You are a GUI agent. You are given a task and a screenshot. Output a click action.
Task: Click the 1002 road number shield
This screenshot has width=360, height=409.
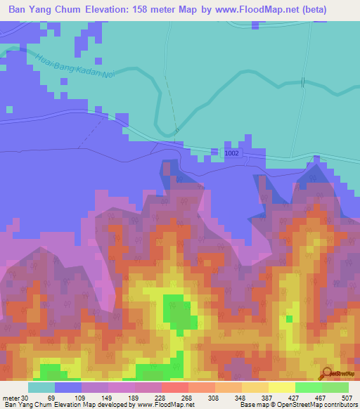pyautogui.click(x=232, y=152)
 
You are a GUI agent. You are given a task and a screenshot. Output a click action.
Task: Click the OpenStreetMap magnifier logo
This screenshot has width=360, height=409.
pyautogui.click(x=326, y=374)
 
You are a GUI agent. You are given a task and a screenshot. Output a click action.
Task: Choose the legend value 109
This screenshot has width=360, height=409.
pyautogui.click(x=80, y=398)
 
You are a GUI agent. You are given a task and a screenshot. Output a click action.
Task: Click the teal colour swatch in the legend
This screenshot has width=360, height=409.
pyautogui.click(x=41, y=387)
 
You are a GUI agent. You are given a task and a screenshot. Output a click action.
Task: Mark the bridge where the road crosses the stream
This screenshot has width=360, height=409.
pyautogui.click(x=303, y=82)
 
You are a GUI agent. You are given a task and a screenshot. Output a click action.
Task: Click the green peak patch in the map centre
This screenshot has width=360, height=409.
pyautogui.click(x=176, y=312)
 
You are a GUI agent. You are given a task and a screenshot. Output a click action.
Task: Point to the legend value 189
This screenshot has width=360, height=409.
pyautogui.click(x=134, y=398)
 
